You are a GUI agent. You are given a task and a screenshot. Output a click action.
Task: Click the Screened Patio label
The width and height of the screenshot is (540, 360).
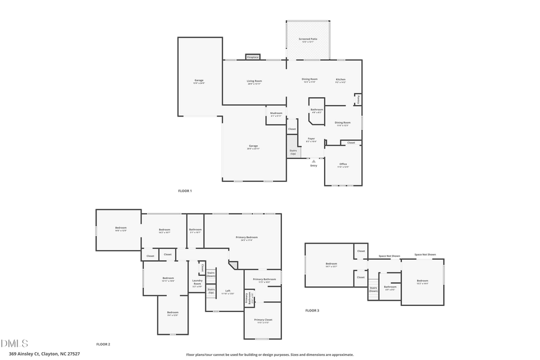(308, 40)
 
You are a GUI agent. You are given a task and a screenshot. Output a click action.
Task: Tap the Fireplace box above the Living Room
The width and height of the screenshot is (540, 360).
(253, 57)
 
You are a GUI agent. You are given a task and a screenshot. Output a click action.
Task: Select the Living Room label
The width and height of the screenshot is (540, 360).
(254, 82)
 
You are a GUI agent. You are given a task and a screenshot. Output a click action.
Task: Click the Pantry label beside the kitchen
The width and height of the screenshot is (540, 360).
(359, 100)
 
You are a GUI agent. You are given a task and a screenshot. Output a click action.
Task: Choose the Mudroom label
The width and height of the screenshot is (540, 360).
(276, 114)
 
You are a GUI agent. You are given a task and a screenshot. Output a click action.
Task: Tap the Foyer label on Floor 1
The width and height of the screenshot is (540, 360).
(311, 139)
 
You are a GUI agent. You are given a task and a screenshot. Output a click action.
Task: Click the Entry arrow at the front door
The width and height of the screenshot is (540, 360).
(313, 161)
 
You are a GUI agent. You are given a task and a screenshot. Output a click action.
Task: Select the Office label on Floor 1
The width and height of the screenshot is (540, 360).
(343, 164)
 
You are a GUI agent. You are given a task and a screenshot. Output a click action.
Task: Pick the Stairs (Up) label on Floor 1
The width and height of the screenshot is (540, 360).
(293, 152)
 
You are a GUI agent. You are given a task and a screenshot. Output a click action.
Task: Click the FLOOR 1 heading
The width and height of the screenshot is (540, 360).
(185, 191)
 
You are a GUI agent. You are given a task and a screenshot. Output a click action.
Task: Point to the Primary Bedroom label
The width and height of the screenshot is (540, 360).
(243, 238)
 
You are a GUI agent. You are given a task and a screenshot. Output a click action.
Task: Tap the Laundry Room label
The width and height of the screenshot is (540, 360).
(197, 283)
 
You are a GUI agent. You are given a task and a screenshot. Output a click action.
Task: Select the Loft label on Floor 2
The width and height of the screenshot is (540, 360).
(227, 292)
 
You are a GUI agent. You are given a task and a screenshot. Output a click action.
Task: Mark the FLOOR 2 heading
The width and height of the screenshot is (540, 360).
(103, 344)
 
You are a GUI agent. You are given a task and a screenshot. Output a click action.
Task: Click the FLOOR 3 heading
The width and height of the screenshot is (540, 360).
(312, 310)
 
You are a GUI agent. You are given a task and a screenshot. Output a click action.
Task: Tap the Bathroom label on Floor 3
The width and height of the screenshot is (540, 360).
(390, 287)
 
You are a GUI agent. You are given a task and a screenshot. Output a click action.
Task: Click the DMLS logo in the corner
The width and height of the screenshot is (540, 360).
(14, 344)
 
